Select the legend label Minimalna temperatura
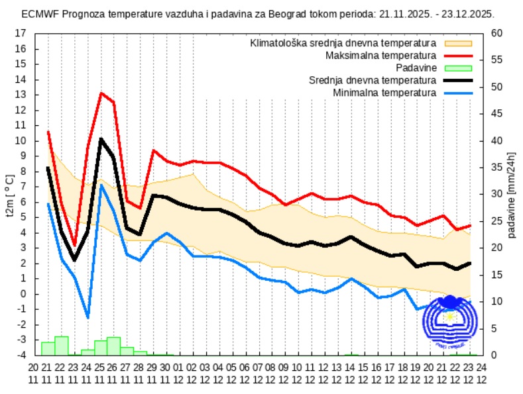(x=384, y=93)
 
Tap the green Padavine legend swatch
(x=458, y=68)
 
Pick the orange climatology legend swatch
(x=458, y=42)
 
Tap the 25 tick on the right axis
(x=496, y=221)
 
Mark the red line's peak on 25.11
(x=101, y=93)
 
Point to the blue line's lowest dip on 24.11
(x=87, y=318)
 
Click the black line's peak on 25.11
(x=101, y=139)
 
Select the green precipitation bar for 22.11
(x=61, y=346)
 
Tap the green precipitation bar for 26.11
(x=114, y=346)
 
